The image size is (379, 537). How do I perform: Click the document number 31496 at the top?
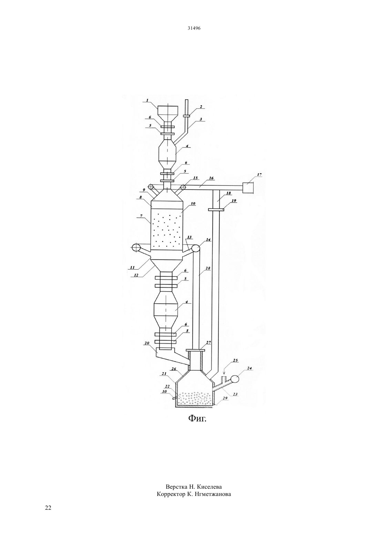click(194, 28)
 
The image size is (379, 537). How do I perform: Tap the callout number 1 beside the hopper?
click(147, 100)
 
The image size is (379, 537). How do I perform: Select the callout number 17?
click(259, 175)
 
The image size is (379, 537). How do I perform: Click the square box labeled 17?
click(248, 187)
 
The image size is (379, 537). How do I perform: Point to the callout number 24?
click(249, 368)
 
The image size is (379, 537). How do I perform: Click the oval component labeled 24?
click(235, 379)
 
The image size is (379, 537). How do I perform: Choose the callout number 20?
click(147, 343)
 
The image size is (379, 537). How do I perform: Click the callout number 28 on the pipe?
click(208, 268)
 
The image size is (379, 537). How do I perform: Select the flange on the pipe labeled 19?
click(216, 210)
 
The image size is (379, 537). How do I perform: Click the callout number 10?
click(193, 204)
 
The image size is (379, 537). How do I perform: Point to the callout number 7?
click(141, 216)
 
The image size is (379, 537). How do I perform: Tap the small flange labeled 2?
click(186, 116)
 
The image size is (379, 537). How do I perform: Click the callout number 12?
click(136, 275)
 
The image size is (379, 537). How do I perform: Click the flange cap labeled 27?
click(195, 350)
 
